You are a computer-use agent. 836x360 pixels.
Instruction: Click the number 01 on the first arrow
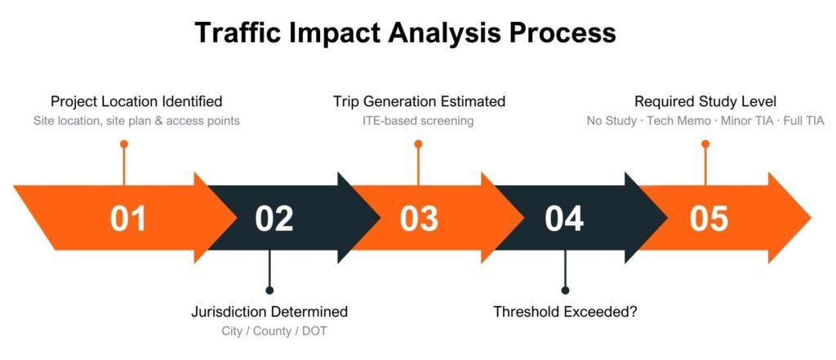(x=128, y=219)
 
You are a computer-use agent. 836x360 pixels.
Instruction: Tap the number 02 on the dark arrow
(x=273, y=219)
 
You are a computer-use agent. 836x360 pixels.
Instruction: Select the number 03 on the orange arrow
(x=419, y=219)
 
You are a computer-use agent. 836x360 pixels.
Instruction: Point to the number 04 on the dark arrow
(x=564, y=219)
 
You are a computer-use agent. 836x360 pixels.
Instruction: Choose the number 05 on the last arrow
(x=709, y=219)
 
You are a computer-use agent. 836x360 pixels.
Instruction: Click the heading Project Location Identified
(x=136, y=102)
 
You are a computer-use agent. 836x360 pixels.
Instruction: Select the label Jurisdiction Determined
(x=269, y=312)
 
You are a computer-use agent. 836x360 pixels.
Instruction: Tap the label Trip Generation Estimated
(x=419, y=102)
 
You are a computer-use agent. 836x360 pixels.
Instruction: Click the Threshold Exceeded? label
(x=564, y=312)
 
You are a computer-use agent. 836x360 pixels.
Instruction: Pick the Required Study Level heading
(x=705, y=102)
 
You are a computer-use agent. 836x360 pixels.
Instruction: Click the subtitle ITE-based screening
(x=419, y=122)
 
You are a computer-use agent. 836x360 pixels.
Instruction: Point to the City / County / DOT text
(x=269, y=331)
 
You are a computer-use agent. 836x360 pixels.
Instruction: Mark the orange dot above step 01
(x=124, y=144)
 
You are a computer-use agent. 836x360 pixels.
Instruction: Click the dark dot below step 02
(x=269, y=289)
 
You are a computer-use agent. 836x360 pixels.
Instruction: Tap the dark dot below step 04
(x=564, y=289)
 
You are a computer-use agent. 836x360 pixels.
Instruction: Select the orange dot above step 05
(x=705, y=144)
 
